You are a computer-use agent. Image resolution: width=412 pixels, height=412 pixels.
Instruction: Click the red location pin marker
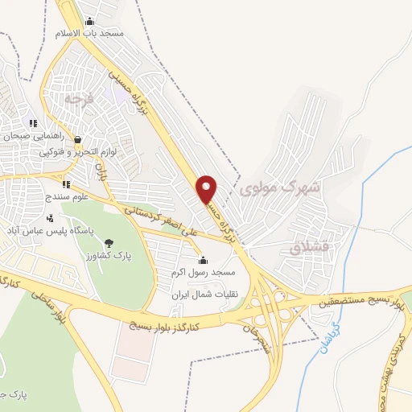[x=208, y=189]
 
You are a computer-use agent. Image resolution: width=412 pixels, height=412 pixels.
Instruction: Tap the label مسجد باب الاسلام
[x=89, y=34]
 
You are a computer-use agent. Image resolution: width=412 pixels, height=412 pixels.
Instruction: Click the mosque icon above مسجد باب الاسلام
[x=89, y=22]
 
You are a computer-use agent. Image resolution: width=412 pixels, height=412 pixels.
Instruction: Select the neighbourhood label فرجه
[x=75, y=101]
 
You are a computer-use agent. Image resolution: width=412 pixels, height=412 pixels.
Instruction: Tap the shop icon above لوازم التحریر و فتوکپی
[x=78, y=139]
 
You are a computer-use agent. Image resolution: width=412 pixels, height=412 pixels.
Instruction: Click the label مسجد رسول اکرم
[x=200, y=273]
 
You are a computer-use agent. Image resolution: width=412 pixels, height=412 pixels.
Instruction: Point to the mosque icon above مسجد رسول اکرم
[x=202, y=261]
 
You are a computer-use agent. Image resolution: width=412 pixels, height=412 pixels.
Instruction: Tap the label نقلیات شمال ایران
[x=200, y=295]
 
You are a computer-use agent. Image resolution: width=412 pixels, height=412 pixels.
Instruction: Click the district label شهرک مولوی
[x=280, y=187]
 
